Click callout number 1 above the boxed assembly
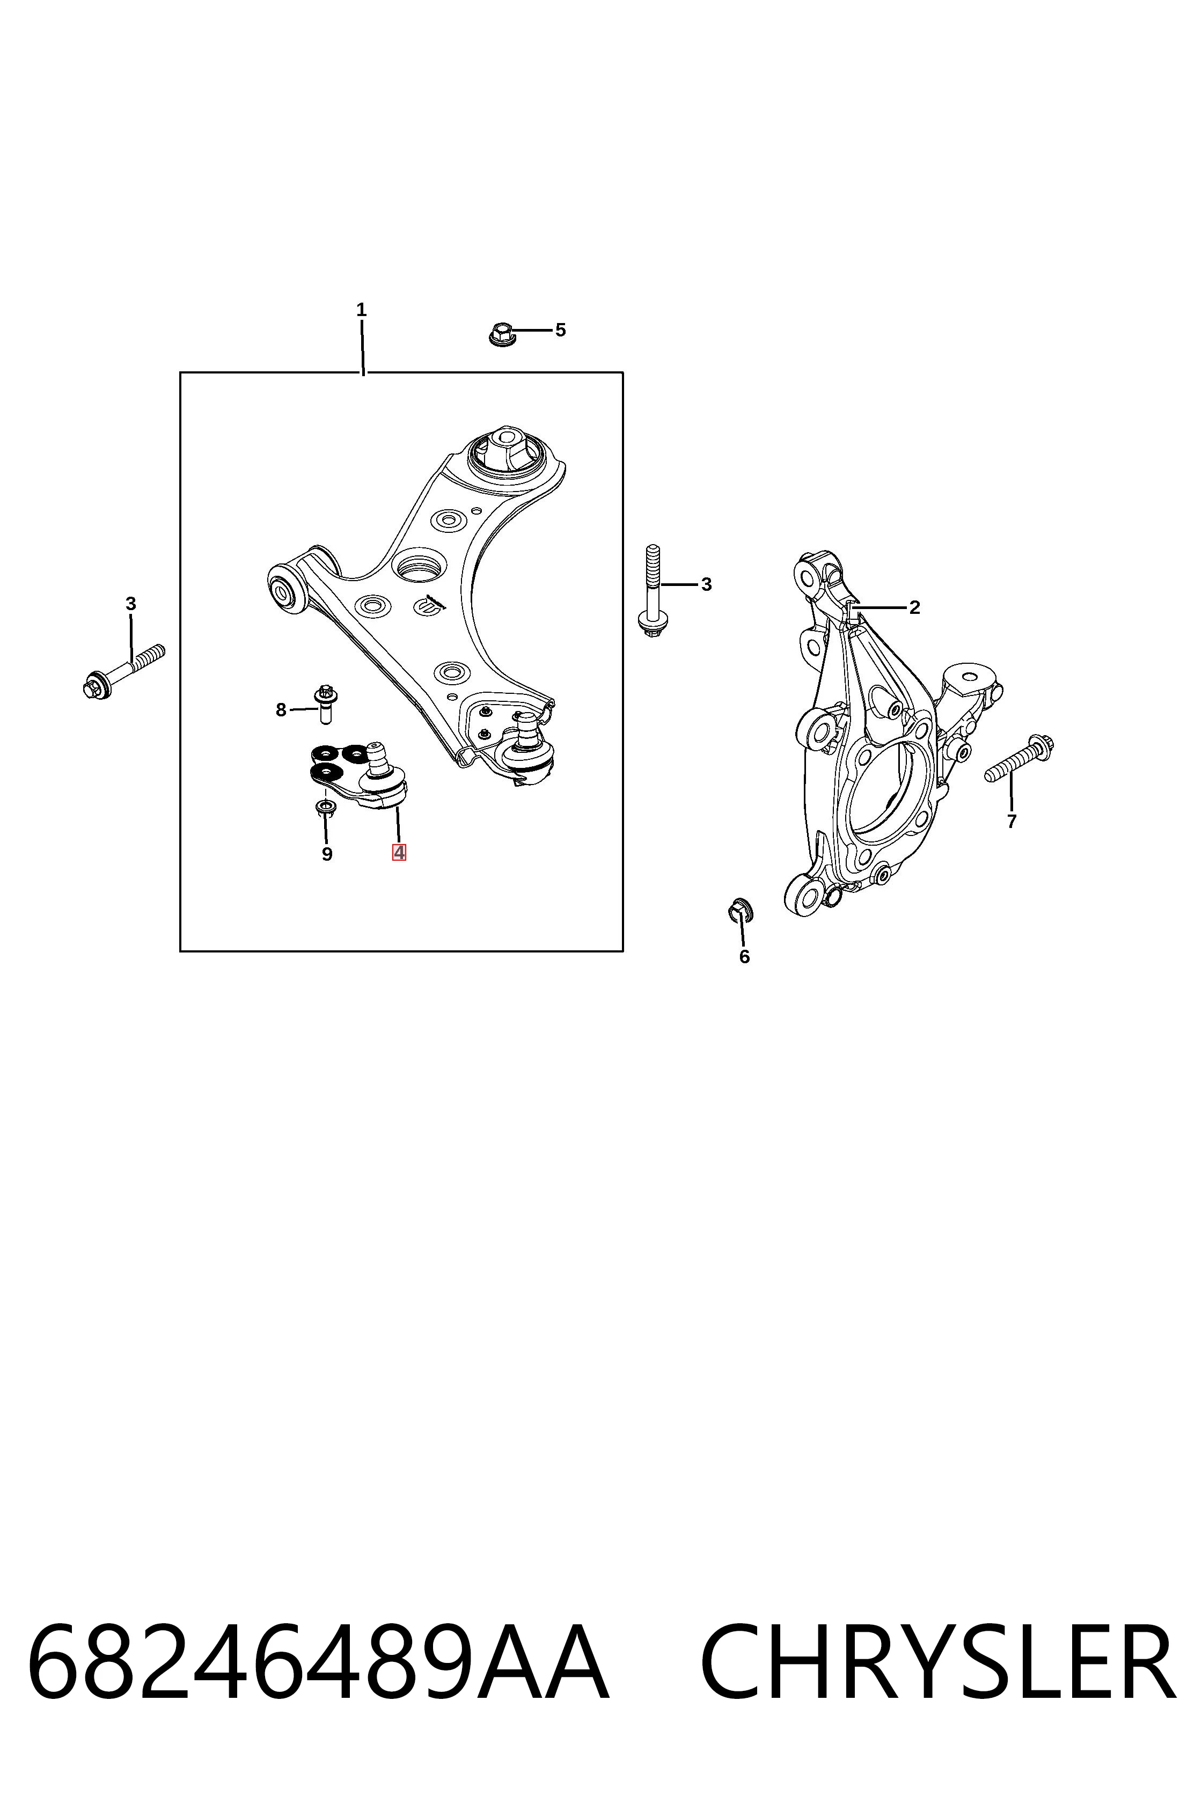(361, 311)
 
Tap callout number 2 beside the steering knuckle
(914, 608)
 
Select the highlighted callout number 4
(399, 853)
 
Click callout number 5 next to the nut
(560, 331)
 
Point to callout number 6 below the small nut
(744, 957)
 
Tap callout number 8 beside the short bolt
(281, 710)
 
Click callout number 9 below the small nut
(327, 854)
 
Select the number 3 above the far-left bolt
(130, 604)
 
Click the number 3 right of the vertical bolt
(706, 585)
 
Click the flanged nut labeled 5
(501, 334)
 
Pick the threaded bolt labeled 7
(1019, 758)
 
